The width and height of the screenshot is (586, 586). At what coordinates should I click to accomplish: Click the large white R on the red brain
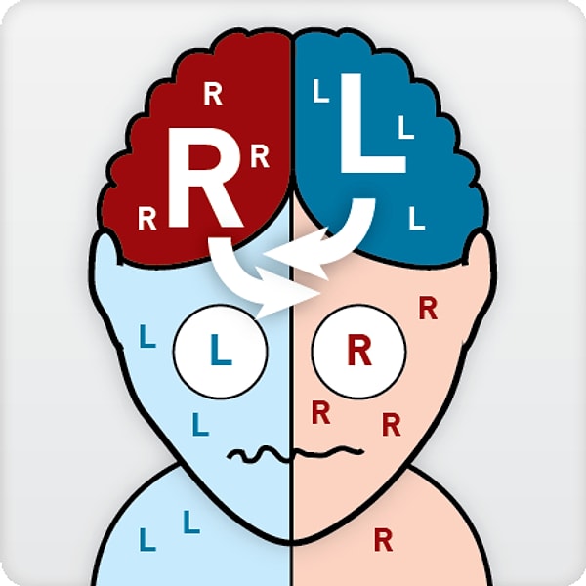click(x=205, y=178)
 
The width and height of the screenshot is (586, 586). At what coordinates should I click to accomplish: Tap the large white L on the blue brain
click(x=373, y=123)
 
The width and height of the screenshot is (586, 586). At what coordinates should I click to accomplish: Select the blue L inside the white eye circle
click(x=221, y=350)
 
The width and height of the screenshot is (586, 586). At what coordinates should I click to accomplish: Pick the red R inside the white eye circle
click(x=359, y=350)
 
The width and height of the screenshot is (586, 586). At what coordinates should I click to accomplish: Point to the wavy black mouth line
click(x=295, y=454)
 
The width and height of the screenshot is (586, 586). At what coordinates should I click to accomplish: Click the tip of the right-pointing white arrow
click(x=320, y=293)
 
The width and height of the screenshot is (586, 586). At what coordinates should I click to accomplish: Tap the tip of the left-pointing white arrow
click(x=263, y=255)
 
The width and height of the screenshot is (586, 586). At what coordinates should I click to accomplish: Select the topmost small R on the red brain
click(x=213, y=94)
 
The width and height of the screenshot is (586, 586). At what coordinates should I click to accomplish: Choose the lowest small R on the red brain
click(x=146, y=219)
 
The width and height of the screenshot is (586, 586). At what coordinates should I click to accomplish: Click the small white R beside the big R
click(x=260, y=156)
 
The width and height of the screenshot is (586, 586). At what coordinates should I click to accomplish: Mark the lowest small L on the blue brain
click(x=417, y=218)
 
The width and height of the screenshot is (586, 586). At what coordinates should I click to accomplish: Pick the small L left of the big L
click(x=321, y=91)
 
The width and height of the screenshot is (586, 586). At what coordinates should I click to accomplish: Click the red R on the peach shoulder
click(x=384, y=539)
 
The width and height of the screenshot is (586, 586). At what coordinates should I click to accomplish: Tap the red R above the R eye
click(x=428, y=308)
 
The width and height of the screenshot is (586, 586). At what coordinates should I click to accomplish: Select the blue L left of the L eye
click(x=147, y=336)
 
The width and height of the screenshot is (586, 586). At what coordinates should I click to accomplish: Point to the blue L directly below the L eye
click(x=200, y=424)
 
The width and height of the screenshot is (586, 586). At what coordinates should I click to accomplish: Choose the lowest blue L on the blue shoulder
click(x=147, y=539)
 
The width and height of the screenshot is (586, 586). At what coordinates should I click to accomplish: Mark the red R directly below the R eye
click(x=320, y=412)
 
